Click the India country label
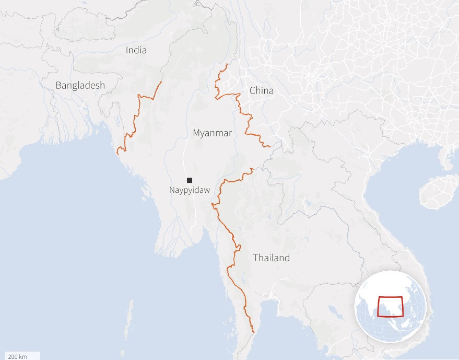pos(136,50)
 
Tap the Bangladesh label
pos(80,85)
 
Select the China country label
pos(261,91)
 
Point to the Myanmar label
pos(212,133)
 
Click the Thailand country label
pos(271,258)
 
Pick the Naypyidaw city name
pos(190,190)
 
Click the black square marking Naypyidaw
pos(190,180)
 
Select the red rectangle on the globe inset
pos(391,307)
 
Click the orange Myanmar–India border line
pos(136,115)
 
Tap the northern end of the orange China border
pos(227,64)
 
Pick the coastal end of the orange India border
pos(118,154)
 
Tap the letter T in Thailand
pos(256,258)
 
